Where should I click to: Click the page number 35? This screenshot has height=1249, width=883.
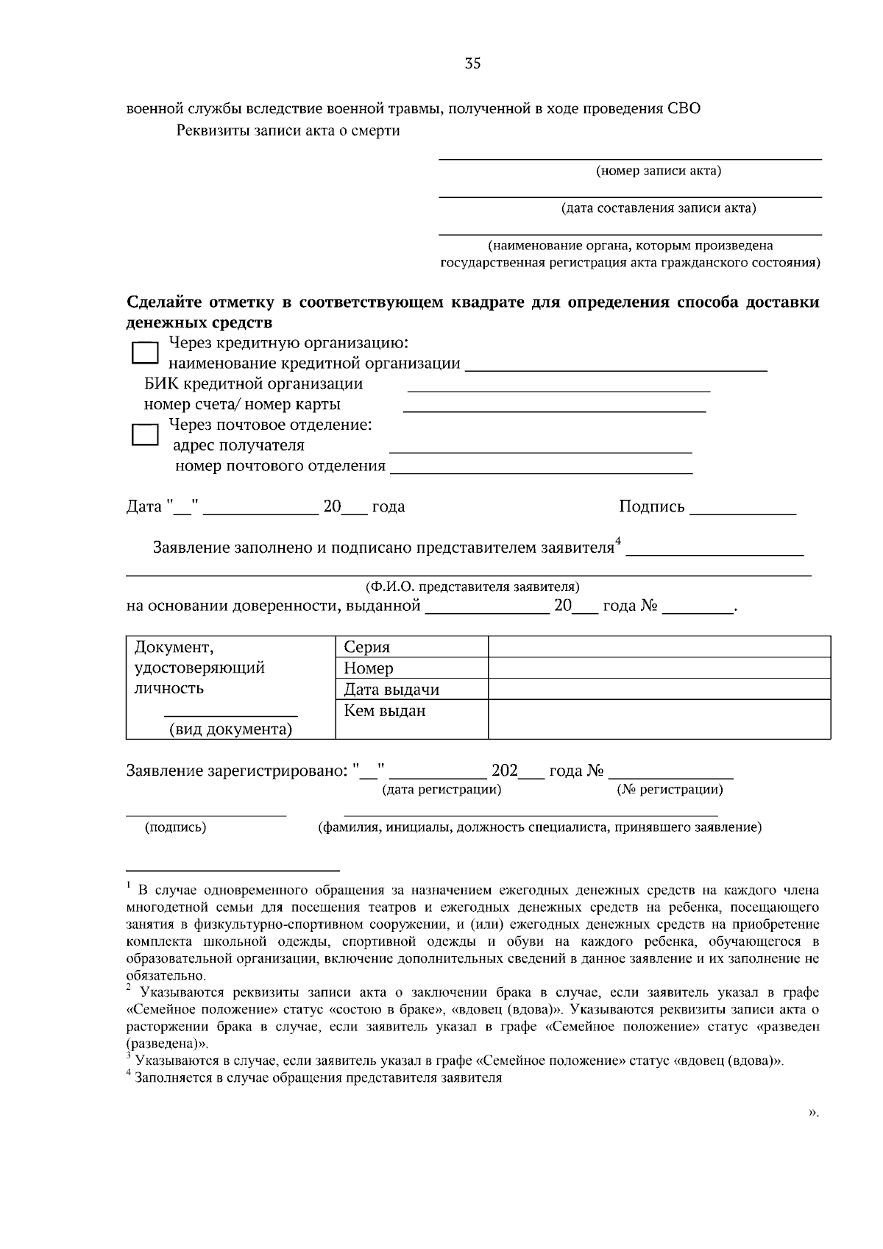coord(472,64)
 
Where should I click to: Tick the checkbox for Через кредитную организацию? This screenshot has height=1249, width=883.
coord(145,353)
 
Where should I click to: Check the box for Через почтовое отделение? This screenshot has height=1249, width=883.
coord(145,434)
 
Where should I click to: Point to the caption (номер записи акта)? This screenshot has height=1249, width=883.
coord(658,171)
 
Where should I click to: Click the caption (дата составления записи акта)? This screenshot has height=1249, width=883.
coord(658,208)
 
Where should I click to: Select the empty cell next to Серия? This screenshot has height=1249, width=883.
coord(659,647)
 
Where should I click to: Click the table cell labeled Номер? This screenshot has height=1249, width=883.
coord(369,668)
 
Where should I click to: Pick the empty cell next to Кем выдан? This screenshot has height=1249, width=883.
coord(659,718)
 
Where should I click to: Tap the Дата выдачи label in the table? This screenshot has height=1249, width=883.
coord(391,690)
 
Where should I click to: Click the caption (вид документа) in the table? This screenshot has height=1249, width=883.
coord(230,729)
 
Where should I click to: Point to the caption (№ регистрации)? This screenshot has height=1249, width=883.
coord(670,790)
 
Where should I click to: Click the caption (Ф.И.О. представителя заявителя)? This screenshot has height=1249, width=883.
coord(472,587)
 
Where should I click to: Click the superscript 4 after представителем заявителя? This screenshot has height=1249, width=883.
coord(619,542)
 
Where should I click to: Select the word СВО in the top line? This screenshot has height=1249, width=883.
coord(684,108)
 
